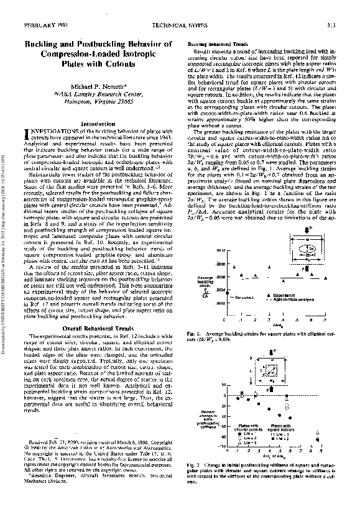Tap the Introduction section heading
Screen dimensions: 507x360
(x=99, y=141)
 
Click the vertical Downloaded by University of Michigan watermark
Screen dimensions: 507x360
(x=6, y=253)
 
